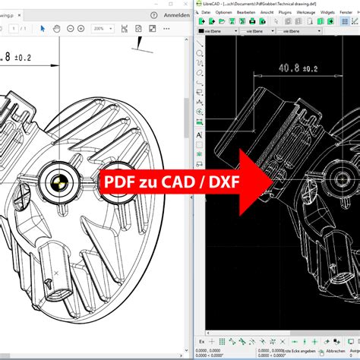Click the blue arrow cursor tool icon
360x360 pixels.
tap(43, 28)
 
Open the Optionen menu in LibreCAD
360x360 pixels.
tap(224, 12)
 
